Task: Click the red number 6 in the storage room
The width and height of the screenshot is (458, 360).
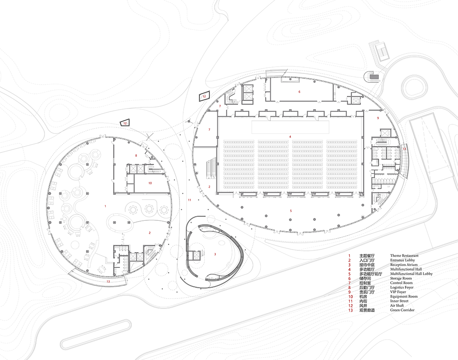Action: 299,92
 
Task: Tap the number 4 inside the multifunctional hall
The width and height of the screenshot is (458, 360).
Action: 290,137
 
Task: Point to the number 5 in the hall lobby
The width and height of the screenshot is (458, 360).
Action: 290,211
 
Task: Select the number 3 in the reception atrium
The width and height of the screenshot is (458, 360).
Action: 215,254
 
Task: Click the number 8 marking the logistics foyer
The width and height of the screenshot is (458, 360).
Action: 136,155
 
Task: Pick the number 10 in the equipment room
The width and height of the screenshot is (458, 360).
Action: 150,183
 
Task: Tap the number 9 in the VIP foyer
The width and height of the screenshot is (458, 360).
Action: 378,118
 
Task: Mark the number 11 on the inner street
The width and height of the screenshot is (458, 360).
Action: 189,200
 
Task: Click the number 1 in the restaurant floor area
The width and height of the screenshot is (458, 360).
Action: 105,206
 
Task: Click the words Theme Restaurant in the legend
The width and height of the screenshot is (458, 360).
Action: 404,256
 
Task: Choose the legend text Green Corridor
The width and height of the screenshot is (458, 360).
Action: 402,310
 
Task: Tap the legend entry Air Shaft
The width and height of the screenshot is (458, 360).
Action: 397,306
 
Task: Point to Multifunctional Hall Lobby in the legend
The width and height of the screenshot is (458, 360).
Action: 411,274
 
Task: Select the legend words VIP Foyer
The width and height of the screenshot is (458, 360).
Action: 398,292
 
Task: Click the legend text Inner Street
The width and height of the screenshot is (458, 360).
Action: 399,301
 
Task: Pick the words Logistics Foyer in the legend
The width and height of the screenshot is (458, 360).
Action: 402,287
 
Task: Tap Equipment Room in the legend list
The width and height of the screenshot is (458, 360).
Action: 404,297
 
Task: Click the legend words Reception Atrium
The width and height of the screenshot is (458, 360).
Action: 404,264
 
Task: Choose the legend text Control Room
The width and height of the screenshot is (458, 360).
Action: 401,283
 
